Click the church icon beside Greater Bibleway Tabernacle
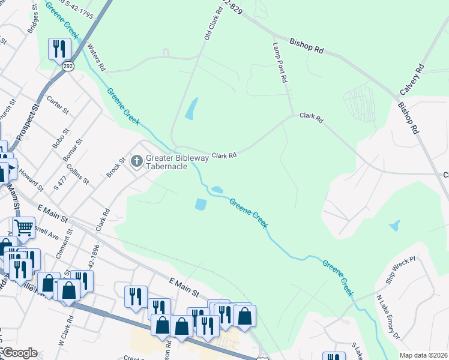tap(136, 161)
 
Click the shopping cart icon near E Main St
tap(23, 227)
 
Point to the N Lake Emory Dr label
tap(388, 317)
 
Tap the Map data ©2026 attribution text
tap(424, 355)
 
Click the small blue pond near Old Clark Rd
tap(191, 109)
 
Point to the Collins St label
tap(78, 173)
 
